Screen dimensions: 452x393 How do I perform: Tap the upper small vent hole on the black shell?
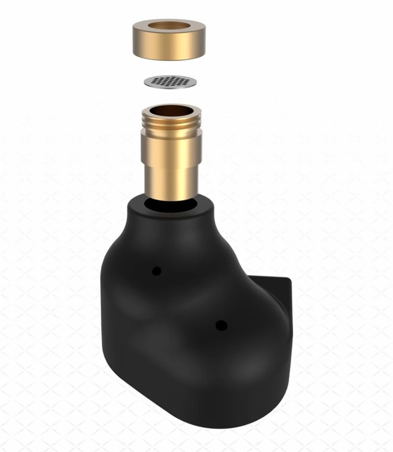click(156, 271)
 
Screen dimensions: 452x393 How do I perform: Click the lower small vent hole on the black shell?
click(221, 325)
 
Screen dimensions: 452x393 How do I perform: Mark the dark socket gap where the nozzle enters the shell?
click(169, 205)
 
